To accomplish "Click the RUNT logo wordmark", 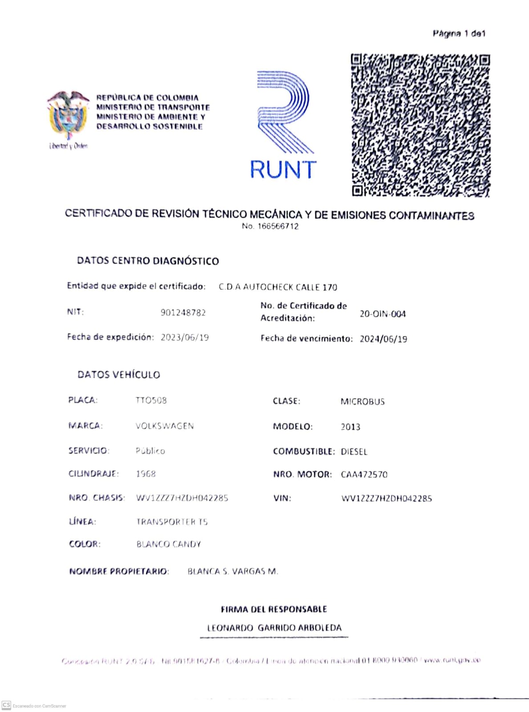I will pos(283,170).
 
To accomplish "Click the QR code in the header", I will pos(420,125).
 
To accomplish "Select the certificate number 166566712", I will pos(278,226).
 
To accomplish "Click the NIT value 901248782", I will pos(183,313).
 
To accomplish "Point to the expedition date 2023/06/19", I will pos(185,337).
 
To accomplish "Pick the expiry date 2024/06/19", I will pos(383,339).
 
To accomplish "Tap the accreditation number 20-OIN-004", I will pos(383,314).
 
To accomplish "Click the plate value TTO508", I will pos(151,400).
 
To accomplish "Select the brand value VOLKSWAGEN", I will pos(165,426).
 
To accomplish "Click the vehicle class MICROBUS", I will pos(363,401).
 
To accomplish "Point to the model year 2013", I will pos(351,427).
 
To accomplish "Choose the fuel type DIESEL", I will pos(354,452).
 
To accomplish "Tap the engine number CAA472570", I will pos(364,475).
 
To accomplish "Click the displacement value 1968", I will pos(146,474).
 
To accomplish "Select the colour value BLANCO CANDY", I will pos(169,544).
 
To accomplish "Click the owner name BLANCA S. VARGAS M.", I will pos(233,571).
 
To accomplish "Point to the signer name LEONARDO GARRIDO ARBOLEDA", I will pos(274,628).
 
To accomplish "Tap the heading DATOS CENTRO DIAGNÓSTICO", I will pos(148,261).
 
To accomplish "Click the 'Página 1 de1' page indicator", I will pos(459,34).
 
